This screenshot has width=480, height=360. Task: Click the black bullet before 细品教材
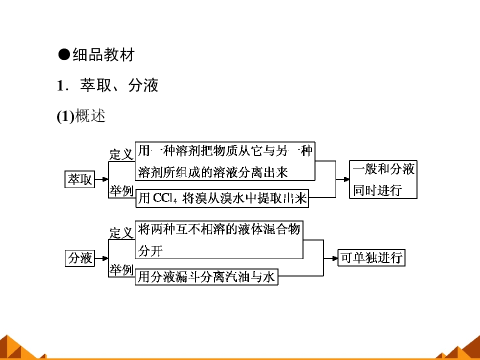pyautogui.click(x=64, y=54)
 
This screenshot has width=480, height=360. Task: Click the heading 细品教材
pyautogui.click(x=103, y=55)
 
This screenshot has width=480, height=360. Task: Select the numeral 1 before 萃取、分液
pyautogui.click(x=60, y=85)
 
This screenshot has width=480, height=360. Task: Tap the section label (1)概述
pyautogui.click(x=81, y=116)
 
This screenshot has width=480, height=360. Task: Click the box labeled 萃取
pyautogui.click(x=79, y=179)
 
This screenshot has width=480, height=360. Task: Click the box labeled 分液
pyautogui.click(x=80, y=258)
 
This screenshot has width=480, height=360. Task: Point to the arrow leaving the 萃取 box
pyautogui.click(x=101, y=179)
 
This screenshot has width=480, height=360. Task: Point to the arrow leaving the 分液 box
pyautogui.click(x=101, y=258)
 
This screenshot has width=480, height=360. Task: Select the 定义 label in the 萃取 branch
pyautogui.click(x=121, y=154)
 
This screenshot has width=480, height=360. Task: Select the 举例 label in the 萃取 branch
pyautogui.click(x=121, y=190)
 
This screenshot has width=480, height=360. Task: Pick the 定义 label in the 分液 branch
pyautogui.click(x=121, y=233)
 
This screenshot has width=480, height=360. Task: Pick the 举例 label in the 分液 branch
pyautogui.click(x=121, y=269)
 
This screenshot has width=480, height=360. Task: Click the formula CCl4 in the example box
pyautogui.click(x=165, y=198)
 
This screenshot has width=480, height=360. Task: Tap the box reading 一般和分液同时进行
pyautogui.click(x=383, y=179)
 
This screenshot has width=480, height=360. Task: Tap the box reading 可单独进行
pyautogui.click(x=371, y=258)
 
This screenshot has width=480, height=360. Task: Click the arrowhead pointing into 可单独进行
pyautogui.click(x=334, y=258)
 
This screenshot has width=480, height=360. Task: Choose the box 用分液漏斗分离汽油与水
pyautogui.click(x=206, y=276)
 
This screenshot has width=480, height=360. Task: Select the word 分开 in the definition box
pyautogui.click(x=150, y=251)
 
